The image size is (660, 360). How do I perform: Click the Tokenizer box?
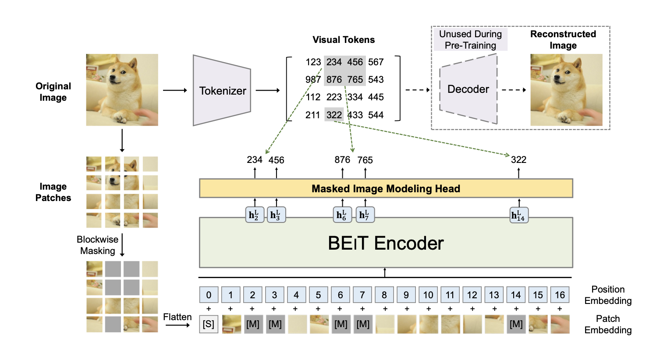tap(222, 91)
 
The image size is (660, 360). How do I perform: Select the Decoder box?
tap(468, 89)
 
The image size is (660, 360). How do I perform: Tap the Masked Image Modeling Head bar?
tap(386, 189)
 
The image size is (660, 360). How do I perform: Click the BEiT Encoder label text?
tap(386, 244)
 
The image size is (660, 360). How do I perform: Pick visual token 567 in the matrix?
tap(376, 62)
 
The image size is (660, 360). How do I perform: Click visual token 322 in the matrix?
tap(334, 115)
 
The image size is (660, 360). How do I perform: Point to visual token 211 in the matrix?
tap(313, 115)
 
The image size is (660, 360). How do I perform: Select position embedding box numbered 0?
tap(209, 295)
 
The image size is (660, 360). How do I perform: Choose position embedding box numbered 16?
tap(560, 295)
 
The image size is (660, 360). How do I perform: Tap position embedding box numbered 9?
tap(406, 295)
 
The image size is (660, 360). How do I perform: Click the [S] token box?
tap(209, 325)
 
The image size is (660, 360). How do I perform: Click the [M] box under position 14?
tap(516, 325)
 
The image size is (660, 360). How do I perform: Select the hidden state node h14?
tap(519, 215)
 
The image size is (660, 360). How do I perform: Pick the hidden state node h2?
tap(255, 215)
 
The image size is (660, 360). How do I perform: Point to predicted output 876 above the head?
tap(342, 160)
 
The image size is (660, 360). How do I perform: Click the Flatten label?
tap(177, 317)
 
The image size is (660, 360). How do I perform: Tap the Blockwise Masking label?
tap(97, 245)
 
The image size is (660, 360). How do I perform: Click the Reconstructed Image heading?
tap(563, 40)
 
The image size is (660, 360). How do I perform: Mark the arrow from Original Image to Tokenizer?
tap(175, 90)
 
